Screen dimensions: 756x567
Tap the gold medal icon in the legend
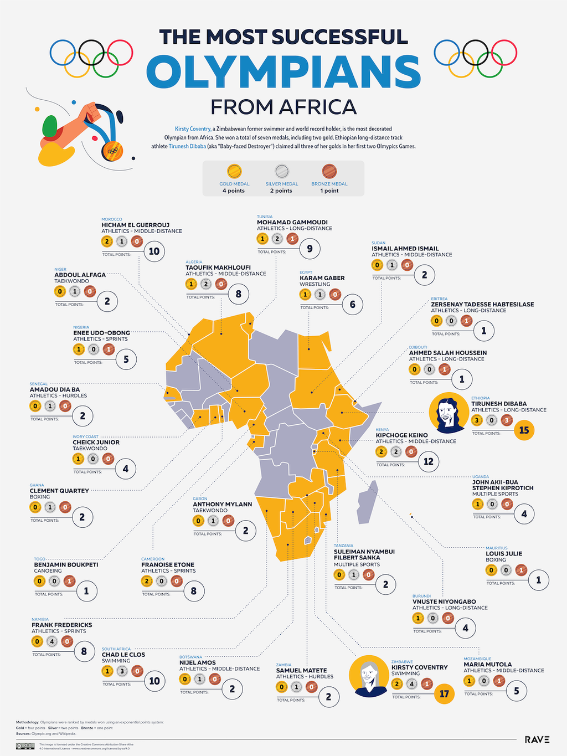tap(234, 171)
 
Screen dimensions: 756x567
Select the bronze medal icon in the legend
tap(329, 171)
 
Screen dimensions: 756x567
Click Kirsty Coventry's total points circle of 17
tap(444, 693)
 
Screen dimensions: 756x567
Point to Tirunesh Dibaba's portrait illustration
tap(449, 413)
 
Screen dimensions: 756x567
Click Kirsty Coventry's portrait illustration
tap(368, 676)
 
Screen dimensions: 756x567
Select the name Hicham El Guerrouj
tap(135, 225)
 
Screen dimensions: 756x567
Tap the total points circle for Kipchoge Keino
tap(428, 461)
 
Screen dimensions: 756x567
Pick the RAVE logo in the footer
tap(537, 739)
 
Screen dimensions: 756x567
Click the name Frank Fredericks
tap(61, 625)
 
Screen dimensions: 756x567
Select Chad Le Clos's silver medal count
tap(122, 671)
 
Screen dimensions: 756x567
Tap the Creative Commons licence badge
tap(25, 746)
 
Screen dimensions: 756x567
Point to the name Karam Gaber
tap(322, 278)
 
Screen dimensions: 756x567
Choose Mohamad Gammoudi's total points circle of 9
tap(310, 249)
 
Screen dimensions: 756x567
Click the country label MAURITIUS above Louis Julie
tap(496, 548)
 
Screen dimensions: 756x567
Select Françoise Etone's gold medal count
tap(147, 581)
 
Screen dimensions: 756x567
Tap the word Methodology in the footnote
tap(27, 722)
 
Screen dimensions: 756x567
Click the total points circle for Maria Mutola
tap(516, 691)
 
